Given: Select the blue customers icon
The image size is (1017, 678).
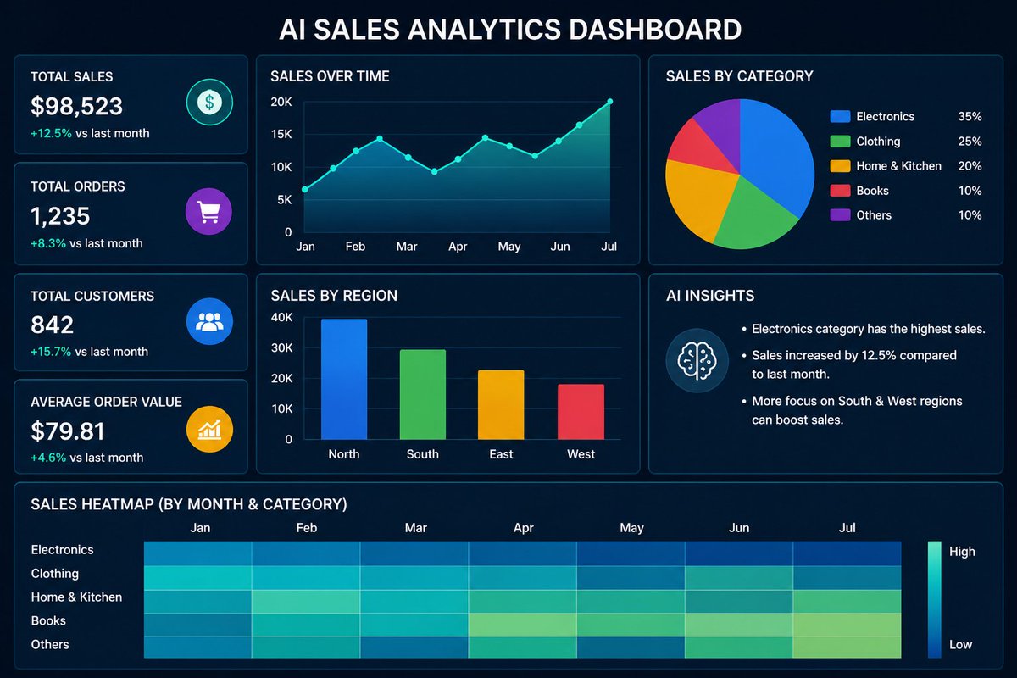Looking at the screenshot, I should point(208,321).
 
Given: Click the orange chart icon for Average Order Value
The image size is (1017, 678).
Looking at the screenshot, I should point(208,430).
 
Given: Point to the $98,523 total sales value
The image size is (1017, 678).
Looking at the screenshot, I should point(76,106).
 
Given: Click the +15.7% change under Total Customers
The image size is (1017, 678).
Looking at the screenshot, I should point(51,352).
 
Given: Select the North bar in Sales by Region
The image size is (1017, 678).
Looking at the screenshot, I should point(344,379).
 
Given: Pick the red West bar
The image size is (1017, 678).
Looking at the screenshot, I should point(581,412).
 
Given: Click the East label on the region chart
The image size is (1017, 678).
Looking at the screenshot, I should point(501,454).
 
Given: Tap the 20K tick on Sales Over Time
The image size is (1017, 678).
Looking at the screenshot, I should point(281,102).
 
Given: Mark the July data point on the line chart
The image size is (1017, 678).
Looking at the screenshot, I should point(609,102).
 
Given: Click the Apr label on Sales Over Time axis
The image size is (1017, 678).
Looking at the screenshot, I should point(458,247).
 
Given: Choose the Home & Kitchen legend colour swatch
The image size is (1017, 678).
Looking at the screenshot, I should point(840,166).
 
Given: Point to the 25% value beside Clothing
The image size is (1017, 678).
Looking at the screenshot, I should point(970,142).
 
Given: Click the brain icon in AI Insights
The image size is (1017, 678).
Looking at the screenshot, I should point(697,359).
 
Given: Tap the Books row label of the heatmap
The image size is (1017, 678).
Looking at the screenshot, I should point(48,621).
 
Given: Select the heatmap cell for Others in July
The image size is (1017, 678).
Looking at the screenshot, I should point(847,647).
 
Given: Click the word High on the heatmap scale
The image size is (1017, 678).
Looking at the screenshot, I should point(962,552).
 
